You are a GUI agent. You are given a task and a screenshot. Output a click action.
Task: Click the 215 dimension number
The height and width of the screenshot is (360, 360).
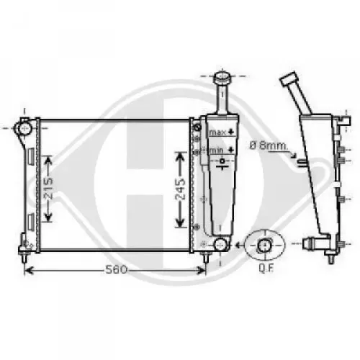click(x=49, y=189)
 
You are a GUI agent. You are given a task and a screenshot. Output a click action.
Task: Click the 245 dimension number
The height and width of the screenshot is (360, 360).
click(x=180, y=189)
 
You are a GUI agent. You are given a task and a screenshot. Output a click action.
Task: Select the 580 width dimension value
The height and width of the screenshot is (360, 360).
click(x=116, y=270)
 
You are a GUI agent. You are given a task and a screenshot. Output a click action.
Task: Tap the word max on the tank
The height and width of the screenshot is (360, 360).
click(x=217, y=132)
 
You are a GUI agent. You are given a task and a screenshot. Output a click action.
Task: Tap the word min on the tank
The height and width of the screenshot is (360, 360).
click(x=217, y=150)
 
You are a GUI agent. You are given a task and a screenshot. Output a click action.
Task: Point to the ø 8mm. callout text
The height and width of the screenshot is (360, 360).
click(x=269, y=145)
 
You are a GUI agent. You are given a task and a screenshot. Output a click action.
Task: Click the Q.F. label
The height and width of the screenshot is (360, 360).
click(x=266, y=269)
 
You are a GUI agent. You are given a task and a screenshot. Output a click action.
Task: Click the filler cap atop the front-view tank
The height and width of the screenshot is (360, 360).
click(x=222, y=76)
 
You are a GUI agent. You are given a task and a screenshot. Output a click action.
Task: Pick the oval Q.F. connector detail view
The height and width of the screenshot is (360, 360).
click(x=265, y=245)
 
